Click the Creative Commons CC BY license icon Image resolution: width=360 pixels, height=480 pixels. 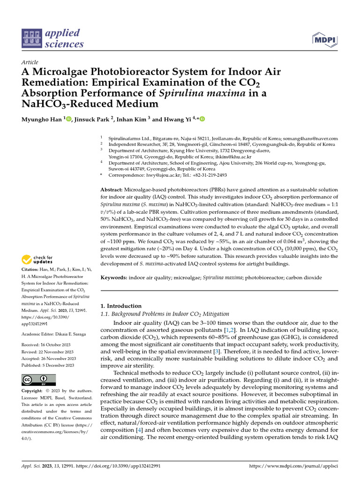(38, 380)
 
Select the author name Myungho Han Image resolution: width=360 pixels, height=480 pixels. (41, 120)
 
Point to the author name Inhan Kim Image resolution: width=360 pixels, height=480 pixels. (133, 120)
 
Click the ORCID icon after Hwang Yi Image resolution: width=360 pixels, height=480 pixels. (202, 120)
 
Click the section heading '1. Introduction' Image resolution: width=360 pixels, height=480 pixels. (121, 306)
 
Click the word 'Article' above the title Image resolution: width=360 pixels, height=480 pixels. (30, 62)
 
